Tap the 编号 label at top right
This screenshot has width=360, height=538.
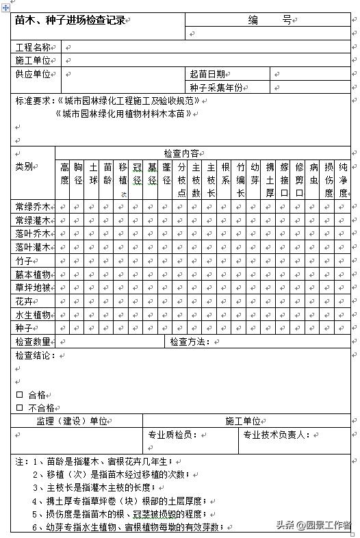[269, 21]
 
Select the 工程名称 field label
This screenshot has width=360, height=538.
[33, 47]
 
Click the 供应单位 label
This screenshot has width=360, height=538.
[33, 74]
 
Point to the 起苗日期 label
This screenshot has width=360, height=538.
[207, 74]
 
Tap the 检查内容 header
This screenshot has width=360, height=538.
[181, 153]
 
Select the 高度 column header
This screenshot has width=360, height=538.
[64, 173]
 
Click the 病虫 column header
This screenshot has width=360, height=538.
[314, 173]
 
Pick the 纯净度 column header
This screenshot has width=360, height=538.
[343, 179]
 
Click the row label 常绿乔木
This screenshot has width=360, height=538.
[33, 207]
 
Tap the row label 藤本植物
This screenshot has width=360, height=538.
[33, 274]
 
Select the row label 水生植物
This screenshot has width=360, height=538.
[33, 315]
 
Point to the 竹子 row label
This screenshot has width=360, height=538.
[24, 261]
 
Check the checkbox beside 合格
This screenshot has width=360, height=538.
[19, 395]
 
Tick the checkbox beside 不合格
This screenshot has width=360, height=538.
[19, 408]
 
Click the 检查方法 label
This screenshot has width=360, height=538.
[189, 342]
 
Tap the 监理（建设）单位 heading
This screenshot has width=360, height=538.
[71, 421]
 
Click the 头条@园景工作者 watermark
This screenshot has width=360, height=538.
[313, 526]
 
